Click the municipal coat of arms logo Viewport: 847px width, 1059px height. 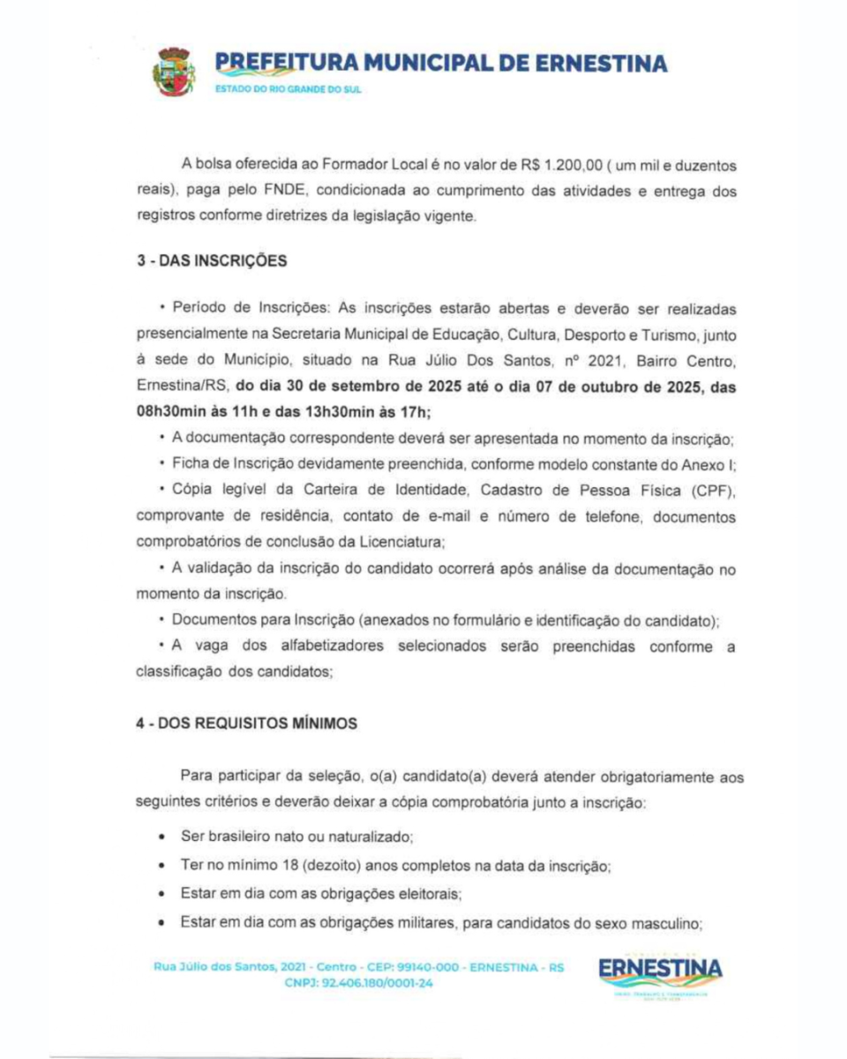[x=174, y=72]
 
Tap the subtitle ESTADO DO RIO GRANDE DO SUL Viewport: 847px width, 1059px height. [x=288, y=90]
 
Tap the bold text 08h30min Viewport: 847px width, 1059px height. [x=174, y=411]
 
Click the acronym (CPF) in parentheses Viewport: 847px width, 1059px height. [x=708, y=489]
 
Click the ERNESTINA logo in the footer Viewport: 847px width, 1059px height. [x=661, y=969]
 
